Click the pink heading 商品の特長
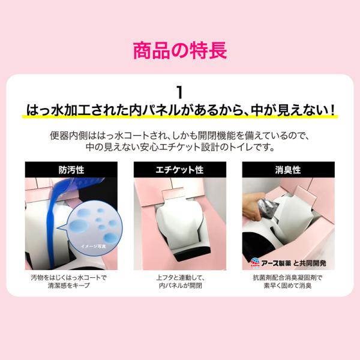pyautogui.click(x=180, y=50)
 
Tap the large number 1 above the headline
pyautogui.click(x=180, y=92)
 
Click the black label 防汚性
pyautogui.click(x=71, y=170)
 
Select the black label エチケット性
pyautogui.click(x=180, y=170)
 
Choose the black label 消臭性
pyautogui.click(x=288, y=170)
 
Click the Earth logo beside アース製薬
pyautogui.click(x=255, y=263)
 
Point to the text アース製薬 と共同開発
pyautogui.click(x=293, y=263)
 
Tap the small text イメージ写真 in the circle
pyautogui.click(x=93, y=247)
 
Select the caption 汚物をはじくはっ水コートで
pyautogui.click(x=69, y=278)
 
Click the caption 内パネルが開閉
pyautogui.click(x=180, y=286)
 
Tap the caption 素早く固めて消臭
pyautogui.click(x=287, y=286)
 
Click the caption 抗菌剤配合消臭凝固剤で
pyautogui.click(x=287, y=278)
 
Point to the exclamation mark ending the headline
pyautogui.click(x=332, y=110)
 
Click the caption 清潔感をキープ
pyautogui.click(x=68, y=286)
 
